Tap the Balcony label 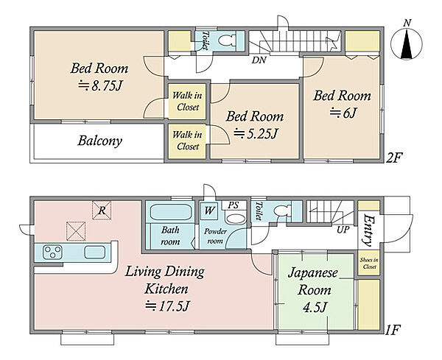tap(99, 141)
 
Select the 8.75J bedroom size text tap(101, 85)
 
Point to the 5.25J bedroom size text tap(256, 133)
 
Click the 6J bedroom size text tap(343, 113)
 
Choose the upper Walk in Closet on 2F tap(187, 101)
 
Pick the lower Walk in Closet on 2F tap(187, 141)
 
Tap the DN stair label tap(259, 60)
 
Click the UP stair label tap(343, 230)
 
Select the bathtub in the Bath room tap(171, 212)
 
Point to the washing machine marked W tap(209, 211)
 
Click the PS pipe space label tap(234, 205)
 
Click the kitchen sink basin tap(95, 252)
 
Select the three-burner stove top tap(52, 252)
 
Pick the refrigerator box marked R tap(102, 210)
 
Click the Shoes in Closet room tap(369, 264)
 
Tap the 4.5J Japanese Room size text tap(315, 307)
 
